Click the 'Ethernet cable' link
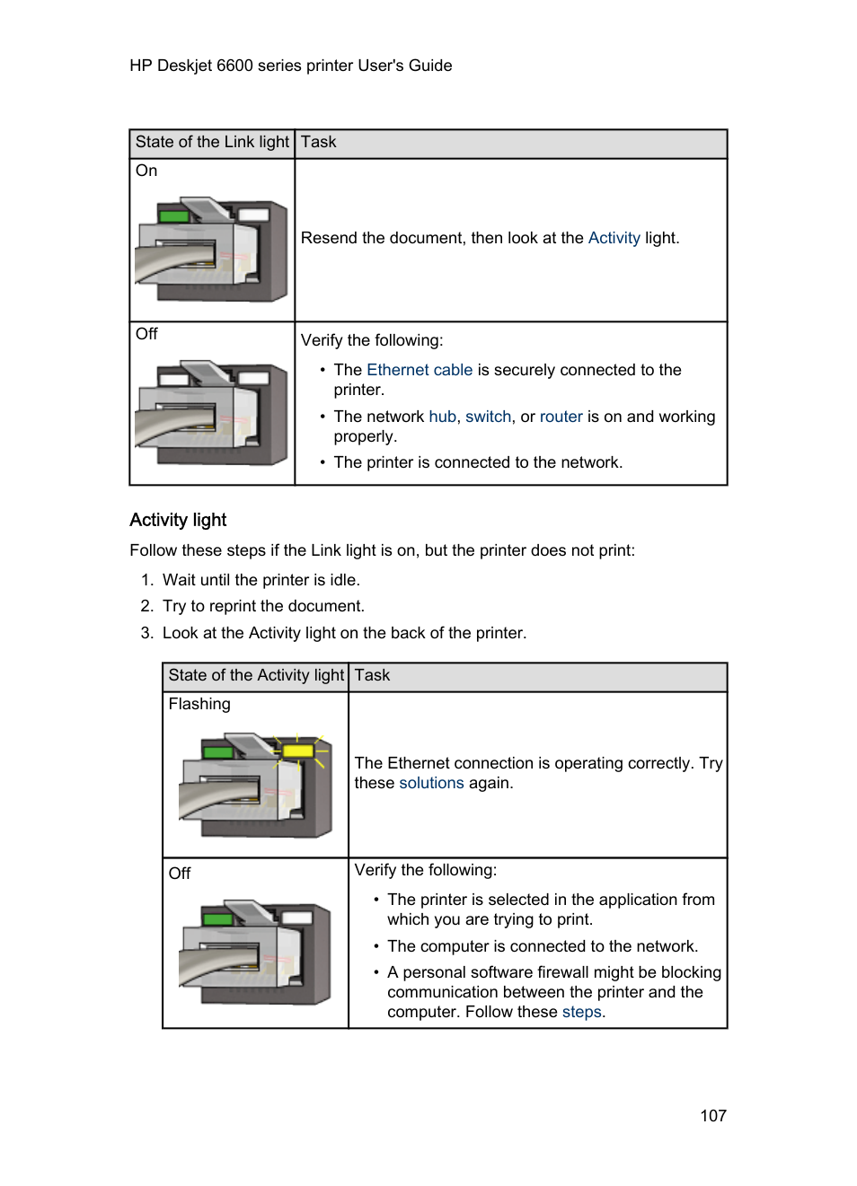point(419,370)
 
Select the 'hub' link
point(442,417)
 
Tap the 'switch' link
point(488,417)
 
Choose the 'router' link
point(561,417)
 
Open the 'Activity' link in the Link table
point(614,238)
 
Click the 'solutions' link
point(431,783)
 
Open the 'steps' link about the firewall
point(581,1012)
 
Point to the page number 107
point(712,1116)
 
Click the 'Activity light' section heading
point(178,521)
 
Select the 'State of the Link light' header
point(212,143)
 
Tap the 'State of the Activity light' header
point(256,676)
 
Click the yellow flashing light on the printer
point(297,750)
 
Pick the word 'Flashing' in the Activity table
point(199,705)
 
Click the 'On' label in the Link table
point(146,171)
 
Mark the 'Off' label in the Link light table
point(146,335)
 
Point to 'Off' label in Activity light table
point(180,874)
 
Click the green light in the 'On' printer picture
point(173,216)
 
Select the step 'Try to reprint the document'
point(262,607)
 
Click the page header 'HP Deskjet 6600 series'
point(290,66)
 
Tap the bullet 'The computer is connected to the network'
point(542,946)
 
